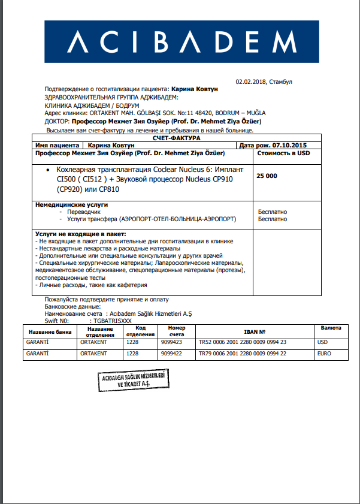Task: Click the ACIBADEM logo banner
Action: (180, 43)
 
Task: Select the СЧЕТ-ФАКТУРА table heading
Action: (173, 138)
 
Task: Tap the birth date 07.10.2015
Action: (290, 145)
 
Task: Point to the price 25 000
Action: (267, 176)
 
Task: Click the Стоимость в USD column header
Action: (283, 153)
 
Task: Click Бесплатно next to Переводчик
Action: (273, 212)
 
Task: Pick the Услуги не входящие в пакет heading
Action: (84, 234)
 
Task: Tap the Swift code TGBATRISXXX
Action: (109, 321)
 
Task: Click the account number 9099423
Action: (173, 342)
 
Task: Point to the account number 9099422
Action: (173, 354)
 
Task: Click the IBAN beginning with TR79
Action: (242, 354)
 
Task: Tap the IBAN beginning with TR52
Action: (242, 342)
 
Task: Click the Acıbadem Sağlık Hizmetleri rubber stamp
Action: (132, 381)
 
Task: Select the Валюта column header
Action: (331, 328)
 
